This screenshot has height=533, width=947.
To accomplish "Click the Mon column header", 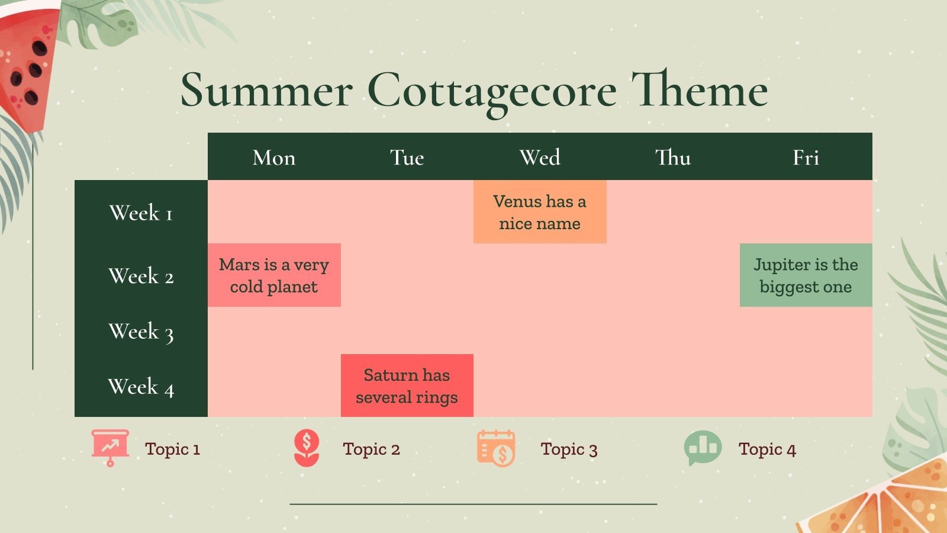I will (x=273, y=158).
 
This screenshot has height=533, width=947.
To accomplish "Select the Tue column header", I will (x=407, y=158).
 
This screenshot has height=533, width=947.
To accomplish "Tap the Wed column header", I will (x=540, y=158).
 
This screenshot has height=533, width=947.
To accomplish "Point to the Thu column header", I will (x=673, y=158).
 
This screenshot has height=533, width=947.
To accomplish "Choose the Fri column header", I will (x=806, y=158).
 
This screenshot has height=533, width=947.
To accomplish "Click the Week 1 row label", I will (x=141, y=213).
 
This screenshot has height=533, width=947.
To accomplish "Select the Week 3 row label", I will (x=141, y=332).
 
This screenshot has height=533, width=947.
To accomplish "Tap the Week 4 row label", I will (x=141, y=387).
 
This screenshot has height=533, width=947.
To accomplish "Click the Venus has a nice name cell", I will (x=540, y=212).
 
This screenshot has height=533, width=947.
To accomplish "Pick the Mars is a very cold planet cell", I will (x=274, y=275).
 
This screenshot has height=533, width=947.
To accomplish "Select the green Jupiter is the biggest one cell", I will (x=806, y=275).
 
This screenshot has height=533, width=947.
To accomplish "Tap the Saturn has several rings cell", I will (x=407, y=386).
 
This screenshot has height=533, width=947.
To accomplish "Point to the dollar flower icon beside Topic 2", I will (x=307, y=448).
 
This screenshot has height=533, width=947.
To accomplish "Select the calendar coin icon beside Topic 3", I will (x=496, y=448).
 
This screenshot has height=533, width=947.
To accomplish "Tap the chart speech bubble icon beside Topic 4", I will (x=703, y=447).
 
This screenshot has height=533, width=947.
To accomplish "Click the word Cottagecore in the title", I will (x=491, y=91).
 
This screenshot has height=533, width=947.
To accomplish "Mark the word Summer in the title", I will (x=266, y=91).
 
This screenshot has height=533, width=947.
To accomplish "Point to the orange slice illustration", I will (x=888, y=503).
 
